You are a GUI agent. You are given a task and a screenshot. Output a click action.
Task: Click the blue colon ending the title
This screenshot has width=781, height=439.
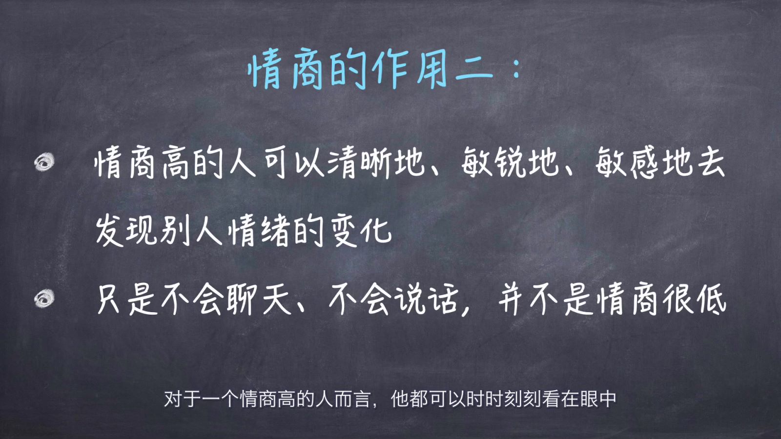point(517,68)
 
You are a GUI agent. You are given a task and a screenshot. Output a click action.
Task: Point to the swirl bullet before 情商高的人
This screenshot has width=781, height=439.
point(44,162)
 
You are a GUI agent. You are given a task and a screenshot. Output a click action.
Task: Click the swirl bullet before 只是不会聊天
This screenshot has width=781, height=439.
point(44,299)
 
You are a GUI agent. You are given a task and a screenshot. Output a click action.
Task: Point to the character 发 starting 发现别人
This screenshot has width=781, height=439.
point(110,231)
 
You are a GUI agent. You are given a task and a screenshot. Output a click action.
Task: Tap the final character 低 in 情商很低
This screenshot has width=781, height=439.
point(711,299)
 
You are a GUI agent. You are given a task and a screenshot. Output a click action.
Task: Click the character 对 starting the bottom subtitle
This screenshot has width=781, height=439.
point(173,399)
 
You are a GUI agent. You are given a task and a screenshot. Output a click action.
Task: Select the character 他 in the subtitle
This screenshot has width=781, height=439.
point(400,399)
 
